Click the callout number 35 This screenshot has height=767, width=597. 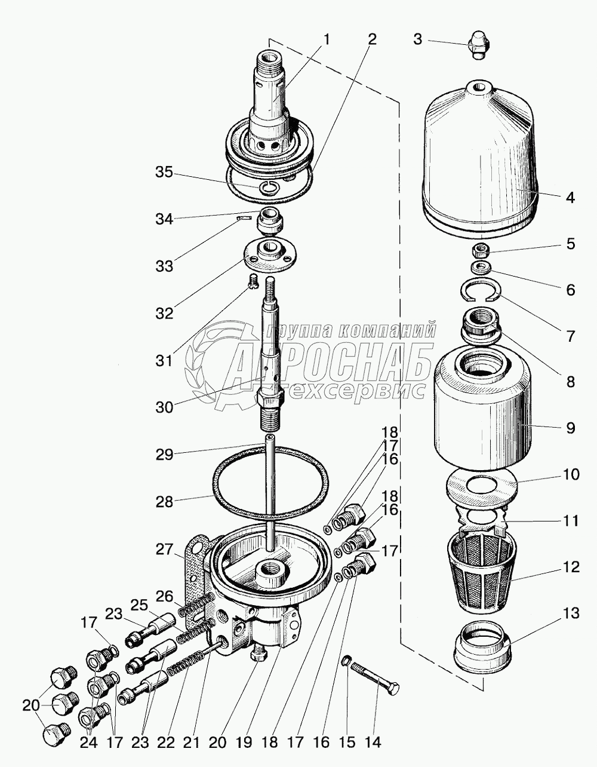tap(163, 173)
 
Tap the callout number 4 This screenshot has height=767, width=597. tap(570, 197)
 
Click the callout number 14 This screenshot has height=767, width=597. tap(373, 743)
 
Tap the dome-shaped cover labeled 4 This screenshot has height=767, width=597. tap(480, 155)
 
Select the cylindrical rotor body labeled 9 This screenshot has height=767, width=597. tap(482, 412)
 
